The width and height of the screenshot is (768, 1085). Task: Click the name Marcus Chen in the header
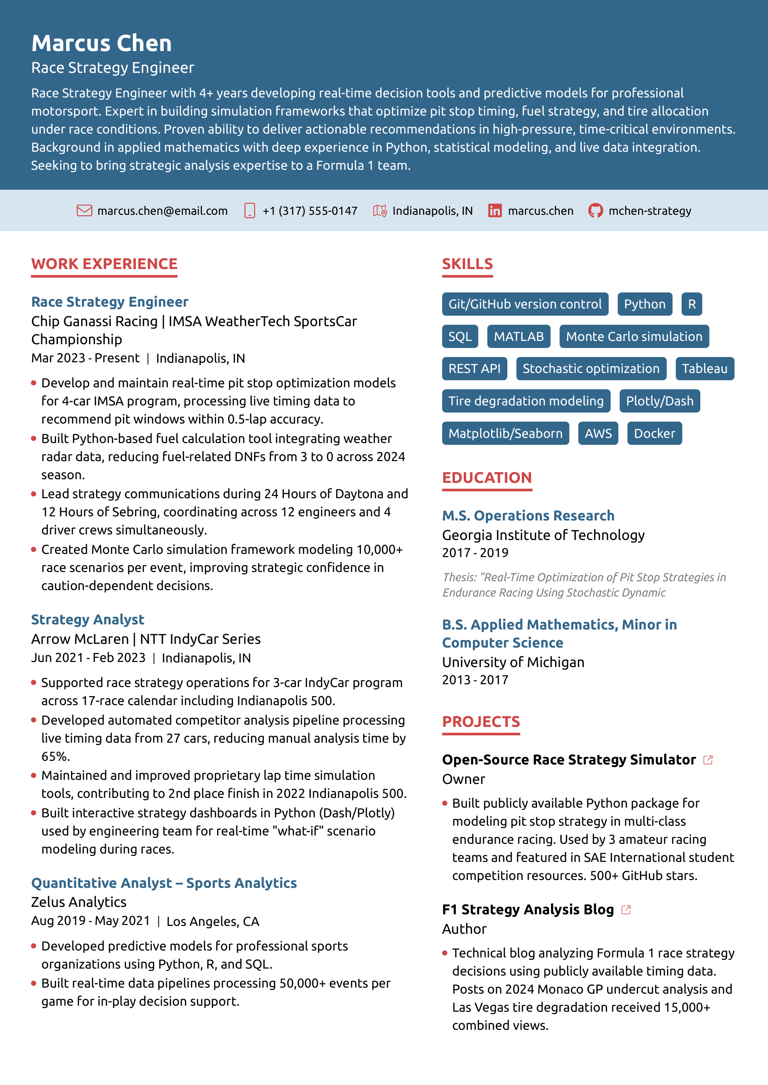point(101,43)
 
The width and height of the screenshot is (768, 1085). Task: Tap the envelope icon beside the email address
point(84,211)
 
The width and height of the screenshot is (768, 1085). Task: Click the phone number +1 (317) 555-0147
point(310,211)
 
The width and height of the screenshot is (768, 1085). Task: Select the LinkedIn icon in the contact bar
point(495,211)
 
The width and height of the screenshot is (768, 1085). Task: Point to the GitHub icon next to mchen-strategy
point(595,211)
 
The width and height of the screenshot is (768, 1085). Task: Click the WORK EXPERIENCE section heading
point(104,264)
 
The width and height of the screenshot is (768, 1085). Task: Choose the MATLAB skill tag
point(518,336)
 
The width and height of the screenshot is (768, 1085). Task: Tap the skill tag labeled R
point(691,304)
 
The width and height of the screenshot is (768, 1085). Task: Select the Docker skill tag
point(654,433)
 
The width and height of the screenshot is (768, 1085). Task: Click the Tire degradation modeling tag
point(526,401)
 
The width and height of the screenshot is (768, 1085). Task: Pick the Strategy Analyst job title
point(88,620)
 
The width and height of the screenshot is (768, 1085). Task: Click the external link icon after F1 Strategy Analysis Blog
point(626,910)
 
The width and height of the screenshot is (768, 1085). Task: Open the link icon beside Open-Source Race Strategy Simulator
point(708,760)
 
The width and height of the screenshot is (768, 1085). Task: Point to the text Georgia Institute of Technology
point(543,535)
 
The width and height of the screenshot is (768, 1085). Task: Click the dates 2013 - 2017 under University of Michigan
point(475,680)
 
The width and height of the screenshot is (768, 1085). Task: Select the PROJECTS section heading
point(480,722)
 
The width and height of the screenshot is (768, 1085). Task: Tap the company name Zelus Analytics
point(78,902)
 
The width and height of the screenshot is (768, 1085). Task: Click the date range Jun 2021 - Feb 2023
point(88,658)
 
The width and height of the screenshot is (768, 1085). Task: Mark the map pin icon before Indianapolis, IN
point(380,211)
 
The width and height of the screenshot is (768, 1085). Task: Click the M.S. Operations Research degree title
point(528,515)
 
